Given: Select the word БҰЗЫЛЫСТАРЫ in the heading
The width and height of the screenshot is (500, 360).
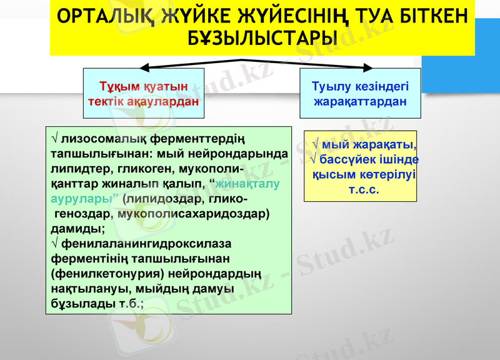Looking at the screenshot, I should click(262, 39).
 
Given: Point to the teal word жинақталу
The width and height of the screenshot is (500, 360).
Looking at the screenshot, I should click(247, 184).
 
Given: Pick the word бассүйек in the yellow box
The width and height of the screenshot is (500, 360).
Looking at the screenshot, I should click(344, 160).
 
